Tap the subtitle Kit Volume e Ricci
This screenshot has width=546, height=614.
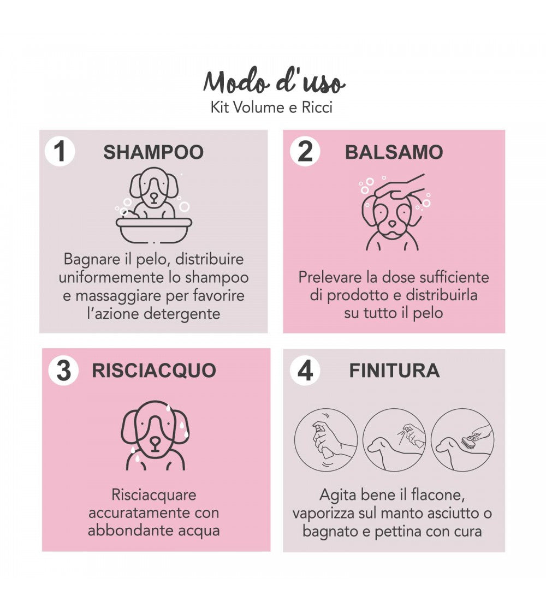[271, 108]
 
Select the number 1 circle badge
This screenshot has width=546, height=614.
[60, 152]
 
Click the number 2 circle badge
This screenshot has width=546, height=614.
[305, 152]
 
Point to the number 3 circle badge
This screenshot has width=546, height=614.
[63, 371]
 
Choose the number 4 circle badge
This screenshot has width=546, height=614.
[305, 371]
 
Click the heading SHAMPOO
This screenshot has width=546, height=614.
[153, 152]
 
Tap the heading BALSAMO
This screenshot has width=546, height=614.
[394, 152]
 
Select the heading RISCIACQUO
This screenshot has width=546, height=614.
[154, 371]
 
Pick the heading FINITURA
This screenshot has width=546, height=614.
[394, 371]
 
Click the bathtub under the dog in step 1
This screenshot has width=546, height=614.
[154, 230]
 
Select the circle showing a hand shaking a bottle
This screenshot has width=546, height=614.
[326, 440]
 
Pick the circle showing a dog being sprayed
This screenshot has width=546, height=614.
[394, 440]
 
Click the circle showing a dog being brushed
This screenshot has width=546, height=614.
[462, 440]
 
